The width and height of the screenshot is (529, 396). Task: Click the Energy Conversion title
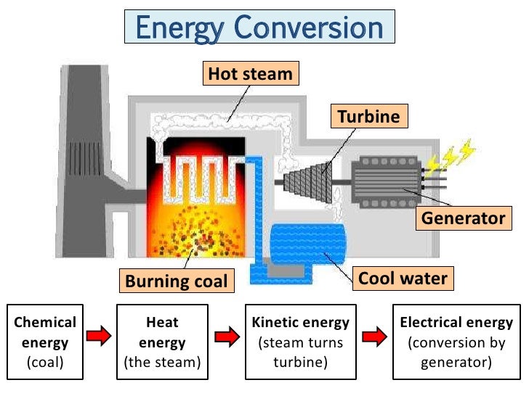(259, 28)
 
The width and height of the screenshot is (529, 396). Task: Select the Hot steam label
(250, 73)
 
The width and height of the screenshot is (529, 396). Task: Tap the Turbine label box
(369, 115)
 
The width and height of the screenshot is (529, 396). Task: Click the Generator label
(461, 218)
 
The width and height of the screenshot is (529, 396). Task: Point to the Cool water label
(403, 277)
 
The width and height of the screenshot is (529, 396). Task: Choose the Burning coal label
(177, 280)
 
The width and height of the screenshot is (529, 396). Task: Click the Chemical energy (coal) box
(45, 342)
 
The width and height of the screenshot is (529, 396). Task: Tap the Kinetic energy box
(300, 342)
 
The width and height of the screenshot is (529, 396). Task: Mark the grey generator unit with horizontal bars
(385, 181)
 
